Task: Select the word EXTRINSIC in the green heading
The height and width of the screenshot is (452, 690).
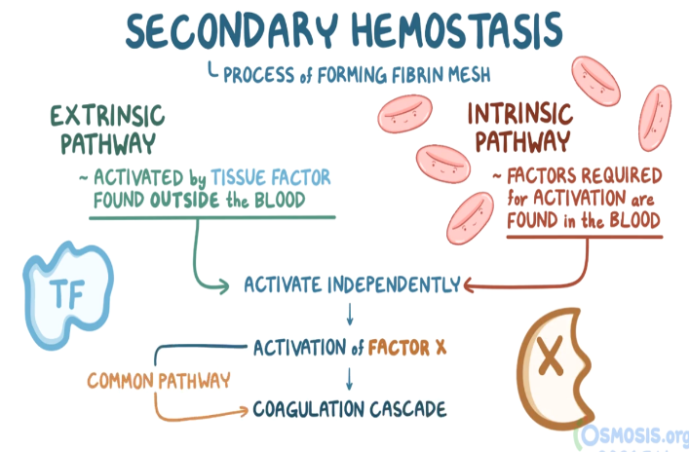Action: coord(107,116)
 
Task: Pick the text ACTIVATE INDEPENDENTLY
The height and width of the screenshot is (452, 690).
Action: coord(352,285)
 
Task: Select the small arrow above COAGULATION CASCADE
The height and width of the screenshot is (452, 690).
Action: coord(349,378)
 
